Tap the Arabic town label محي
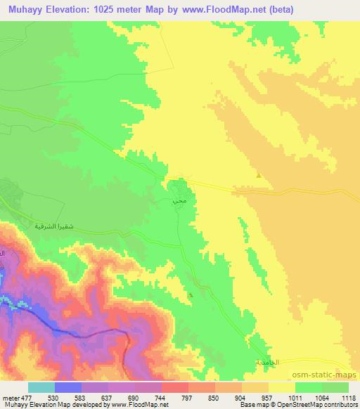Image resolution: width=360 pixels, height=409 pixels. tap(178, 201)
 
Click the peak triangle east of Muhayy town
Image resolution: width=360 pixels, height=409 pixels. tap(259, 176)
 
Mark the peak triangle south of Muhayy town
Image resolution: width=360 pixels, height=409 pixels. tap(192, 296)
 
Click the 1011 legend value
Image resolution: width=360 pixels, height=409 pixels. tap(295, 397)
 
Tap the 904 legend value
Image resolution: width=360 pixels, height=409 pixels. tap(242, 397)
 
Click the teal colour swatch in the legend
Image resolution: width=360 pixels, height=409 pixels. tap(41, 387)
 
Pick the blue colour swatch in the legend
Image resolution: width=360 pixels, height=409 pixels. tap(67, 387)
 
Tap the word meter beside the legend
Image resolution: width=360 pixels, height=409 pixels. tap(11, 397)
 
